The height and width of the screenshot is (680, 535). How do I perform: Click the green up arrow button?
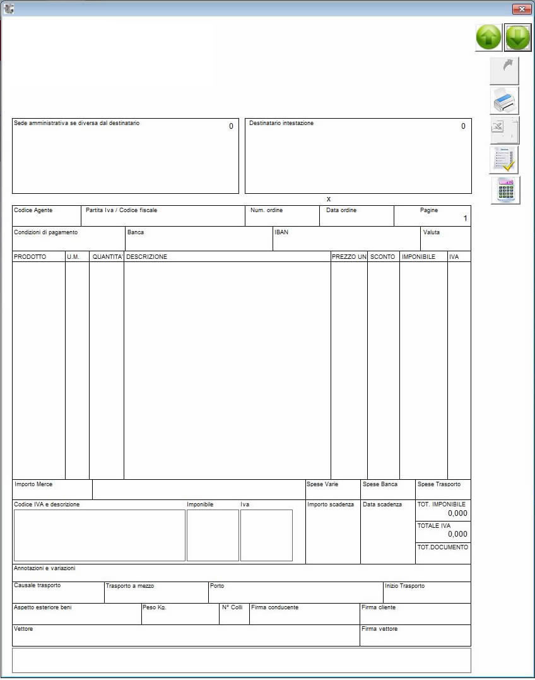[488, 38]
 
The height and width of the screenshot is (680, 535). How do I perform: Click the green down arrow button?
[518, 38]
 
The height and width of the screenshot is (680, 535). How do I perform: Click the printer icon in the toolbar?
[505, 100]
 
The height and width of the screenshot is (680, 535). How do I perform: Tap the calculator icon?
[505, 191]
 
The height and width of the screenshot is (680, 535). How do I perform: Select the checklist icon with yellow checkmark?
[504, 160]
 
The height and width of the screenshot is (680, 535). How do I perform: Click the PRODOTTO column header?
[30, 257]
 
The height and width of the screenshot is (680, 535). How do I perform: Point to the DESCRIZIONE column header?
[146, 257]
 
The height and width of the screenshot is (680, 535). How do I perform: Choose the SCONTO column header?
[382, 257]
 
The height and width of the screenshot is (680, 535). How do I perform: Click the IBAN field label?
[281, 232]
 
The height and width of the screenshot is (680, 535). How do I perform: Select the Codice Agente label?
[33, 210]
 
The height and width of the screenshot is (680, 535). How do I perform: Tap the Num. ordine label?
[266, 210]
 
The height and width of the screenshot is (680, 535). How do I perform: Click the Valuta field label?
[432, 232]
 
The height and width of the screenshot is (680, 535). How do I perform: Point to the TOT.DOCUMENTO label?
[443, 547]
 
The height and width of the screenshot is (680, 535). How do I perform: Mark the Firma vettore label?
[379, 629]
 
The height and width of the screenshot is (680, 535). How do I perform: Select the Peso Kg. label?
[154, 607]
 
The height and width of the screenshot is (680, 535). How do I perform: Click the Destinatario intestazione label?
[281, 123]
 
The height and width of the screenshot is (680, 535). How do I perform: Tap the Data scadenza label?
[382, 504]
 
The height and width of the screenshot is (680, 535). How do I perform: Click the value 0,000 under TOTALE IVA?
[457, 534]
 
